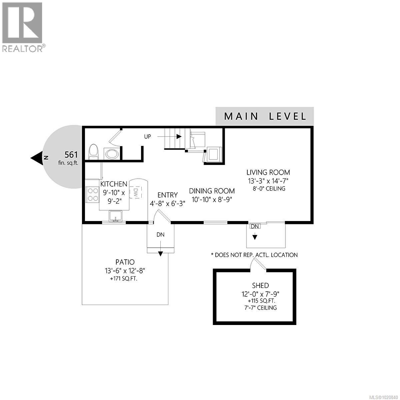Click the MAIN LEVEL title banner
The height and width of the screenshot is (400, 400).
(x=265, y=116)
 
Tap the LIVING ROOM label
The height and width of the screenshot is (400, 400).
(x=268, y=172)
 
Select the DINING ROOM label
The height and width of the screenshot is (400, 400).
(x=212, y=191)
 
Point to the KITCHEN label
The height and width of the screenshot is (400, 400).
(x=114, y=184)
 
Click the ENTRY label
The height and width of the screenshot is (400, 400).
(x=168, y=195)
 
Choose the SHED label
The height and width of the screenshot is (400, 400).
(x=261, y=286)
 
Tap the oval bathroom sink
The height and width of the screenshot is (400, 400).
(x=111, y=154)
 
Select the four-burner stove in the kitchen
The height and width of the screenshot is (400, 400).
(x=92, y=194)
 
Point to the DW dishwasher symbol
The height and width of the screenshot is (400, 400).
(x=136, y=192)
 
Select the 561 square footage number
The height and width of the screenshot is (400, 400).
(x=71, y=155)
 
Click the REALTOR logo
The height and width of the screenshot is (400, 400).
(x=22, y=27)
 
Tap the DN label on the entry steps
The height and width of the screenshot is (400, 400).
(x=161, y=235)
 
